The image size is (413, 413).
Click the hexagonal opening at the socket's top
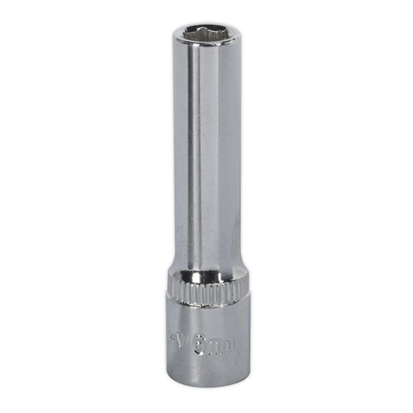tap(205, 34)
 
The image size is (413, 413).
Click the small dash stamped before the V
tap(173, 338)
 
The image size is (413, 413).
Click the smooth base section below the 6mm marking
tap(205, 368)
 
